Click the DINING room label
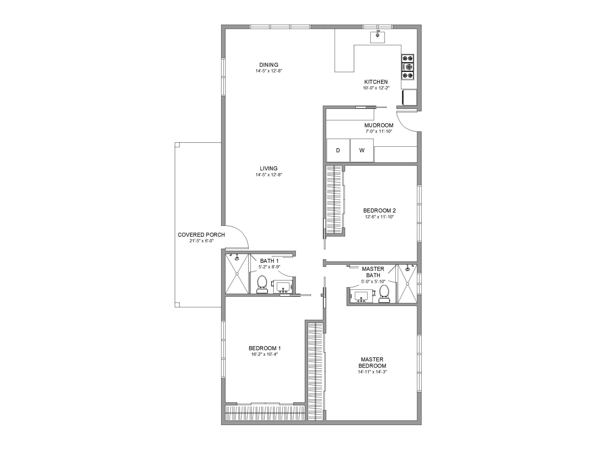point(269,65)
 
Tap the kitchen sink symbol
point(378,37)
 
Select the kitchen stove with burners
point(408,67)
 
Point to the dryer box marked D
point(338,150)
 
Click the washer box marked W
point(362,150)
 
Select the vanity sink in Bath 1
point(283,287)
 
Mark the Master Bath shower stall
point(407,284)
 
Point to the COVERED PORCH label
point(201,235)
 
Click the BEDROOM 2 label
point(380,211)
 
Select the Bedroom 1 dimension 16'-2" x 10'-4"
point(265,354)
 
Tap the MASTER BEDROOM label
point(372,363)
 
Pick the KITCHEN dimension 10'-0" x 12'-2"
point(376,88)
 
